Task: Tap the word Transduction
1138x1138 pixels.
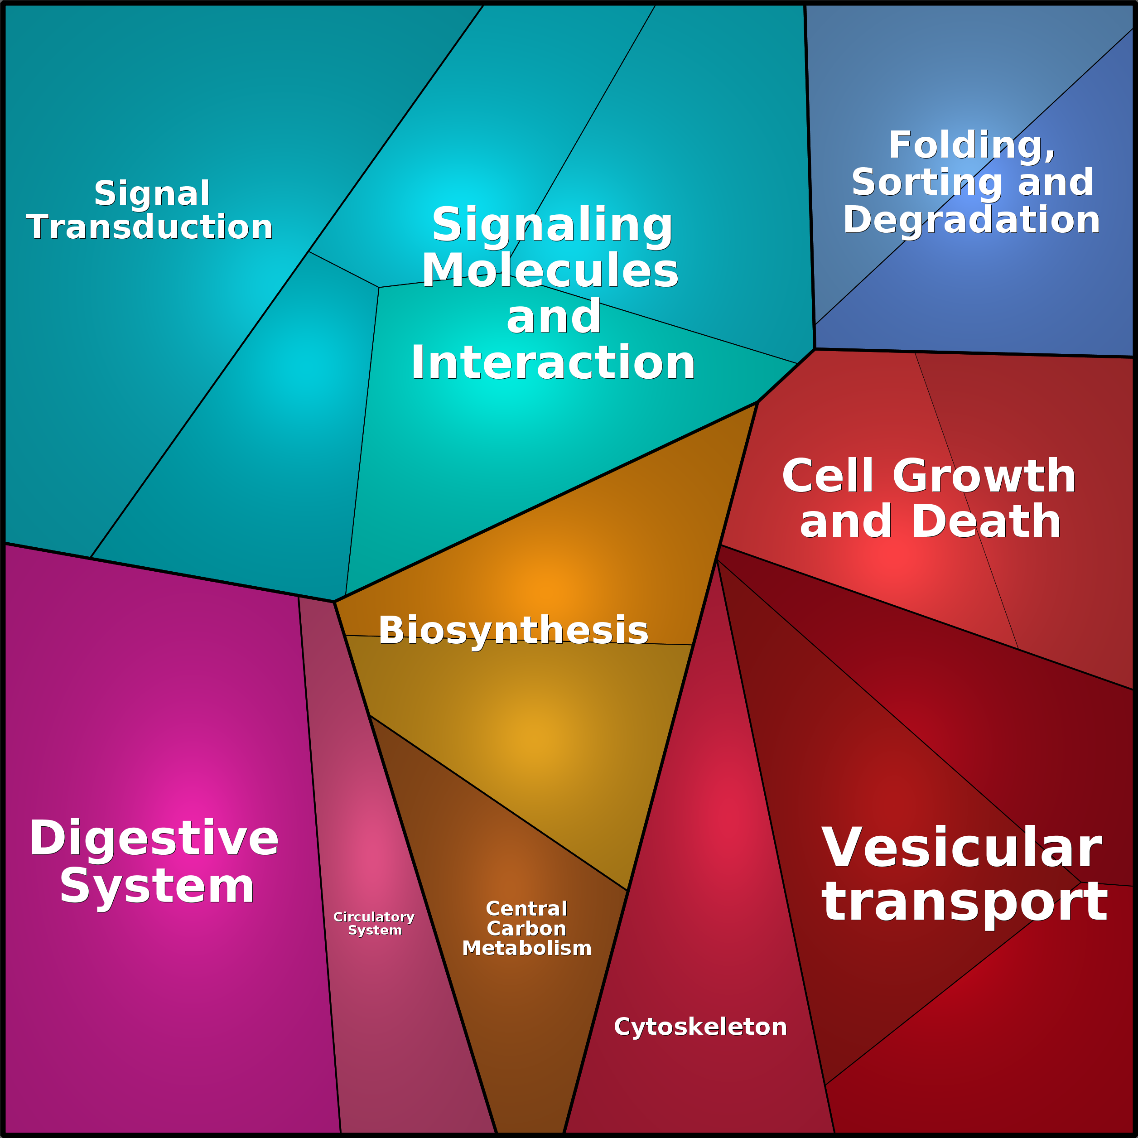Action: coord(149,227)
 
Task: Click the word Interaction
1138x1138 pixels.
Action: coord(553,363)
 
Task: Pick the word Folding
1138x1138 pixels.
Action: coord(971,145)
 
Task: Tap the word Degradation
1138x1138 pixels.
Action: coord(971,220)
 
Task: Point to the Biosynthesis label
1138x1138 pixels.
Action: coord(513,630)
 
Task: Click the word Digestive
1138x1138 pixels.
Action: coord(154,838)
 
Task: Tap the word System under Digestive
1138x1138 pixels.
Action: coord(157,887)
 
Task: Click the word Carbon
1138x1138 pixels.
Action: coord(526,929)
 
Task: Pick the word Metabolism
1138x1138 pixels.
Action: coord(526,948)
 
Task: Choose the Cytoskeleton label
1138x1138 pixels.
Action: coord(700,1027)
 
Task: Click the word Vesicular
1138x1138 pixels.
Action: coord(961,848)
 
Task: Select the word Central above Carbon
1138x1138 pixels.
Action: coord(526,909)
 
